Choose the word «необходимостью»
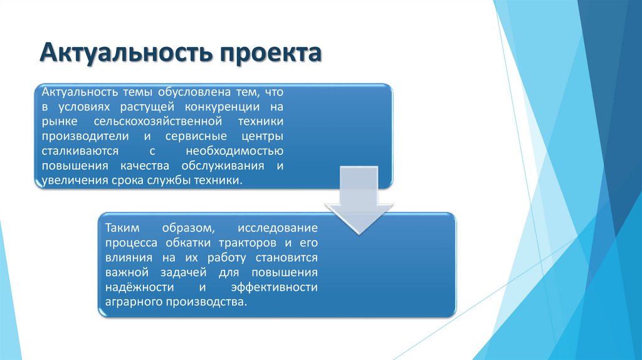[234, 152]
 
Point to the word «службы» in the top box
[158, 181]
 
